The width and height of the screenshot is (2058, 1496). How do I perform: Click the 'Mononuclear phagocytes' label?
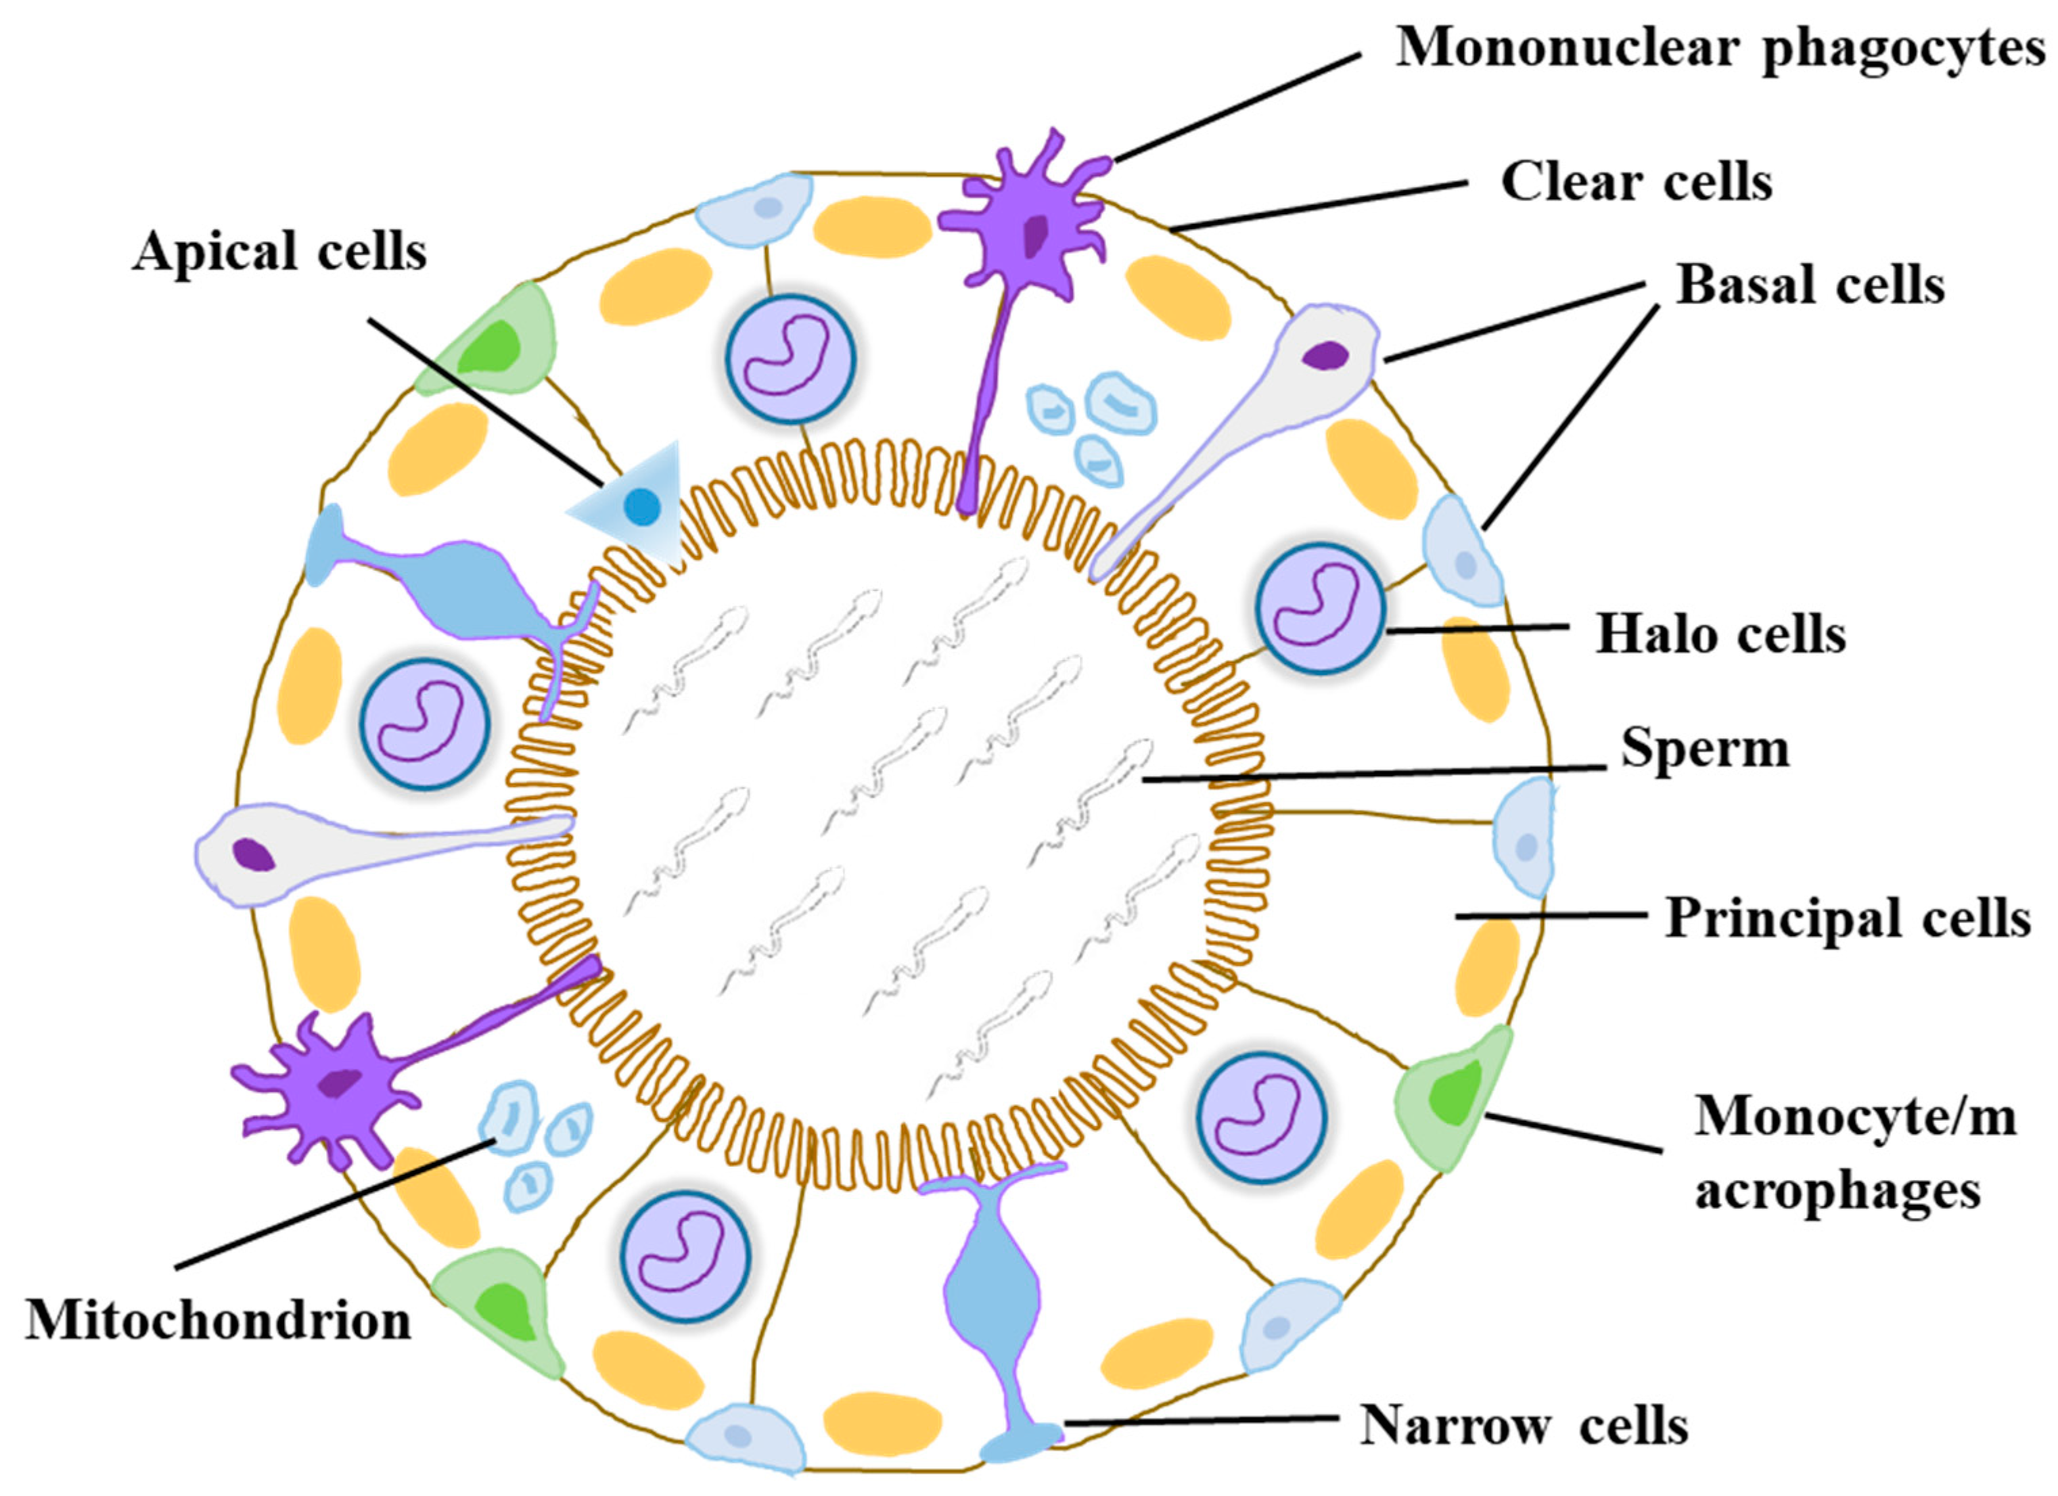click(1720, 47)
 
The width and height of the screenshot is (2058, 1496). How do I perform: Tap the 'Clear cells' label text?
click(1636, 183)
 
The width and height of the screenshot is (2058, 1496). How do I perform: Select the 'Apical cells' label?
click(279, 252)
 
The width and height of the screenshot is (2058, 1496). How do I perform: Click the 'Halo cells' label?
click(1720, 633)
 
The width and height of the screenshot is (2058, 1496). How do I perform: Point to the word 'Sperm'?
click(1705, 749)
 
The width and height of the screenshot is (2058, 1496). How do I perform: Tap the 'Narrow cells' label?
click(1524, 1425)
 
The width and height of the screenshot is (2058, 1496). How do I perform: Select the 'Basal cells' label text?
click(1810, 285)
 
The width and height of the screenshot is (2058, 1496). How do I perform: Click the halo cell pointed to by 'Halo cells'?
click(1321, 609)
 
